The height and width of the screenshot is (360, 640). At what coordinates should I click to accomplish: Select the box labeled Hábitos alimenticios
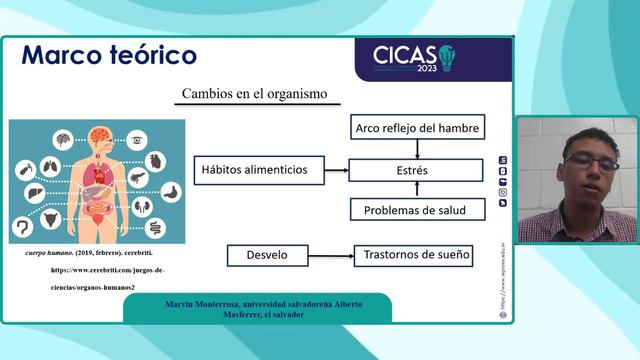(x=258, y=170)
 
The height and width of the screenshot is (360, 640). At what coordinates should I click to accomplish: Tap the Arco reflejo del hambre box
(x=419, y=128)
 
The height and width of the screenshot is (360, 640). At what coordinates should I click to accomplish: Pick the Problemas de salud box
(x=417, y=209)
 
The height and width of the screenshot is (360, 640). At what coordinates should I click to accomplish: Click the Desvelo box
(x=267, y=255)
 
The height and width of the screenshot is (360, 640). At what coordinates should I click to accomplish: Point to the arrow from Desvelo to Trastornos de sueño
(x=331, y=255)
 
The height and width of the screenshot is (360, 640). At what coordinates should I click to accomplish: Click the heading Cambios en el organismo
(x=254, y=94)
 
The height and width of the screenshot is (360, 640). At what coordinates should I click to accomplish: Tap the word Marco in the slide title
(x=64, y=55)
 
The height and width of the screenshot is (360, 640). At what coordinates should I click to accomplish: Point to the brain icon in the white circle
(x=63, y=139)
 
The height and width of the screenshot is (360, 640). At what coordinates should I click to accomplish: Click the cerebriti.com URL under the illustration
(x=107, y=270)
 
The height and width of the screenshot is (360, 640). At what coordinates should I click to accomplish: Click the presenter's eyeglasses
(x=589, y=162)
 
